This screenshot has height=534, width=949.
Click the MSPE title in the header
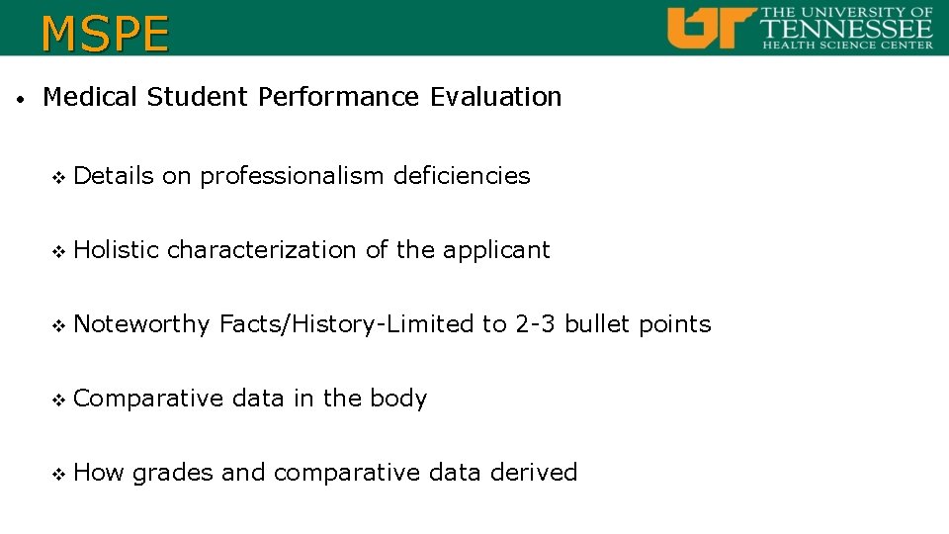click(105, 34)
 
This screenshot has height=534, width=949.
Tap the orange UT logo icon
click(711, 27)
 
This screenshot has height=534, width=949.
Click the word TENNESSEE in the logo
click(847, 28)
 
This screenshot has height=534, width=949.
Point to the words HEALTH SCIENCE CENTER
click(847, 44)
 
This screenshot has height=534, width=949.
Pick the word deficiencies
click(462, 176)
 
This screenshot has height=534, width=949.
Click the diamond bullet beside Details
click(56, 177)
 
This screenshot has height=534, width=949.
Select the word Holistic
click(116, 250)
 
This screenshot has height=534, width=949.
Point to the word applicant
click(496, 250)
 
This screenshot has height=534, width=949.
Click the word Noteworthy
click(141, 324)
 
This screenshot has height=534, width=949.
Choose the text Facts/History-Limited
click(346, 324)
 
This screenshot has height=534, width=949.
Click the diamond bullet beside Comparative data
click(56, 400)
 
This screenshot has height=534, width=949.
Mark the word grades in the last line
click(173, 474)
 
